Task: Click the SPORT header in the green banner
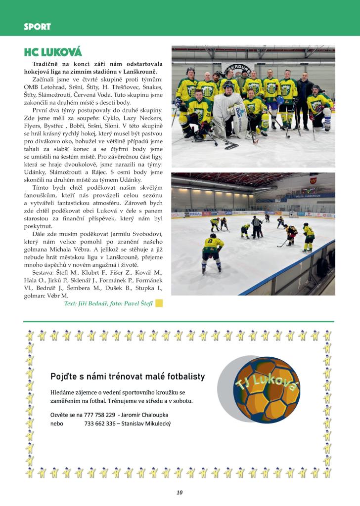[37, 27]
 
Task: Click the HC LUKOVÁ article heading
[53, 52]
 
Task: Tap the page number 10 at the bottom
[180, 492]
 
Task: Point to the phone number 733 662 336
[100, 423]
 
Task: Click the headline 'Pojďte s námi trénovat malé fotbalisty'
[128, 377]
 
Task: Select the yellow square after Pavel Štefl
[159, 303]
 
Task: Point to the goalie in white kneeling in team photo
[227, 111]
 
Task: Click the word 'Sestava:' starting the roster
[45, 272]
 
